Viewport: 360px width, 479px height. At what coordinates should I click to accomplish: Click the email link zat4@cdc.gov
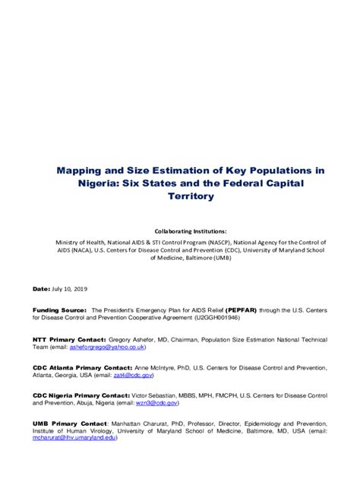tap(136, 376)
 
